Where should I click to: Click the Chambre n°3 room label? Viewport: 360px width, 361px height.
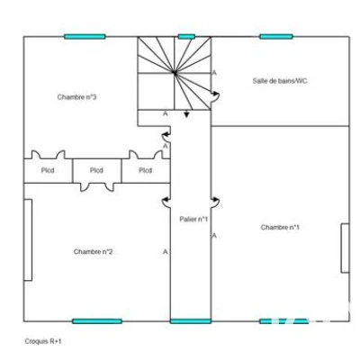pos(76,97)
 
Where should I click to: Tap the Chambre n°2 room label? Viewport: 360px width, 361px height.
pos(93,251)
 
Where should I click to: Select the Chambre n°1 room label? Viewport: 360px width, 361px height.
pos(280,227)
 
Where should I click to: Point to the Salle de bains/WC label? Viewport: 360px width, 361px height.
pos(280,81)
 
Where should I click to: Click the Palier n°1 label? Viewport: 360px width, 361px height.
pos(193,219)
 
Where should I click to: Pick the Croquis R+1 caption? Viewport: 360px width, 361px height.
pos(43,341)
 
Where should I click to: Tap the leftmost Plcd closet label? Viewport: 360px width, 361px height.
pos(48,170)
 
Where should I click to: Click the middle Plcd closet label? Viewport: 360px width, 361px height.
pos(96,170)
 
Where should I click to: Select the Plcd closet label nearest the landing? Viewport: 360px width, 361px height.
pos(145,170)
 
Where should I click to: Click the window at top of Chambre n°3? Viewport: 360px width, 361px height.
pos(85,37)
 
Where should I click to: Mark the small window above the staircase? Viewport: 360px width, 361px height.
pos(186,37)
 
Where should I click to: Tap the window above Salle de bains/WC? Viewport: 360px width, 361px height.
pos(276,37)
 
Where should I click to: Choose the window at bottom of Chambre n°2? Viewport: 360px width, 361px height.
pos(97,321)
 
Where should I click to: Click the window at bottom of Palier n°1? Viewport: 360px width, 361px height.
pos(191,321)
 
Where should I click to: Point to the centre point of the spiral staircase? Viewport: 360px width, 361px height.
pos(175,72)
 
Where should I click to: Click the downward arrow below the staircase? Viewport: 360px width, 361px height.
pos(186,113)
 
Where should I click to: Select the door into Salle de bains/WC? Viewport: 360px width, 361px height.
pos(215,96)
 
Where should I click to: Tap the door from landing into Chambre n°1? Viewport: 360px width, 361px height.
pos(215,202)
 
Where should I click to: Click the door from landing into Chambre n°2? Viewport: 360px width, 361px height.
pos(166,202)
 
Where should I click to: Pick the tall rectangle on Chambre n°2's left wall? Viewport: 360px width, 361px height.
pos(28,240)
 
